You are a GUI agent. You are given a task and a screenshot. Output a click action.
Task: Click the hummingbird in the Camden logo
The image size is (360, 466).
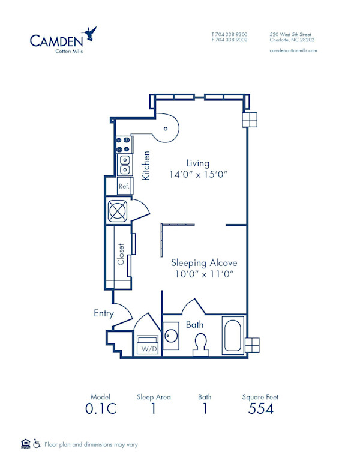pos(91,33)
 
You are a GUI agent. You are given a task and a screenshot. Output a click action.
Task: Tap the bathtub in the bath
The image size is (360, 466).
pos(232,336)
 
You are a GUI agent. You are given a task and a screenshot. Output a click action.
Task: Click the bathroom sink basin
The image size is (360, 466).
pos(171,336)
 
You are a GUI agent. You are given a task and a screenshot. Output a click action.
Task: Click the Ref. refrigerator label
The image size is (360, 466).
pos(124,187)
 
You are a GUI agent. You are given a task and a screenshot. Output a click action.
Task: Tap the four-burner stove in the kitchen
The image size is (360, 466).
pos(124,144)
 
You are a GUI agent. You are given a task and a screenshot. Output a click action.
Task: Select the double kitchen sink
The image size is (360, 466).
pos(124,165)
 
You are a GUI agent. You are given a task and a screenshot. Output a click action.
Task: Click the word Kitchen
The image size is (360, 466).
pos(146,165)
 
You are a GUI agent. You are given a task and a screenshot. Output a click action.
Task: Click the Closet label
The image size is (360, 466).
pos(121,255)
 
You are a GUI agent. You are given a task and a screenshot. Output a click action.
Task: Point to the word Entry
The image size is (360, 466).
pos(104,313)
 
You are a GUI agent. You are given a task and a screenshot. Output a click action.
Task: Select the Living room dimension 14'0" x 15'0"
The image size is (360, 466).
pos(198,175)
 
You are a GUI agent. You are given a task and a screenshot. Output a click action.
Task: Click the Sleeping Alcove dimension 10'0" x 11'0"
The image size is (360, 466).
pos(204,274)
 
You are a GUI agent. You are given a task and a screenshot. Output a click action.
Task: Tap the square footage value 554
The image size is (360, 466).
pos(260,409)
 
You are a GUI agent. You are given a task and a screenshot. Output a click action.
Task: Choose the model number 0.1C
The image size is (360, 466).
pos(101,409)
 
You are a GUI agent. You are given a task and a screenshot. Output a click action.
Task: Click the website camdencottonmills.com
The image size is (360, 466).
pos(293,51)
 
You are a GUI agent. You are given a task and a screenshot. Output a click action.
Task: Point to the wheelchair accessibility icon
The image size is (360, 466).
pos(36,444)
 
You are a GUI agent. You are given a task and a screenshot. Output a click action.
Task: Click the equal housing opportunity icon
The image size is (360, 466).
pos(25,444)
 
